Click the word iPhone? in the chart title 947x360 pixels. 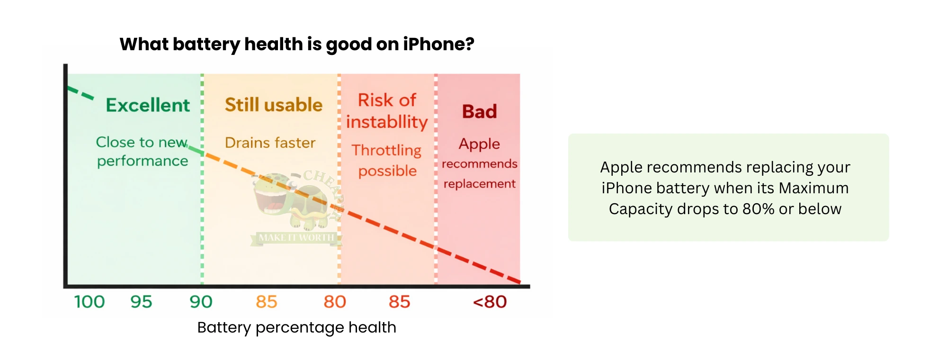(438, 44)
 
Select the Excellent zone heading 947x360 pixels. (148, 105)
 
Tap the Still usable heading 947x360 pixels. (273, 105)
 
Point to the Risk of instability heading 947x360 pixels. (387, 111)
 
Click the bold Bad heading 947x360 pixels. (479, 112)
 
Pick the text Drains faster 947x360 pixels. (270, 143)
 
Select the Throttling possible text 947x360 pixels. (387, 160)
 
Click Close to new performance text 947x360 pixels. (142, 152)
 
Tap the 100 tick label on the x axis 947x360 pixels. (89, 302)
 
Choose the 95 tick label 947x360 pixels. (141, 302)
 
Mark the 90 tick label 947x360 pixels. (201, 302)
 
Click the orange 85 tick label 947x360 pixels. (266, 302)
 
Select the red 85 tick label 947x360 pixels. (399, 302)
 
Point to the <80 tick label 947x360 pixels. (490, 302)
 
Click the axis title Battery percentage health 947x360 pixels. (296, 327)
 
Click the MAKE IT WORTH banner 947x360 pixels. (296, 238)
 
